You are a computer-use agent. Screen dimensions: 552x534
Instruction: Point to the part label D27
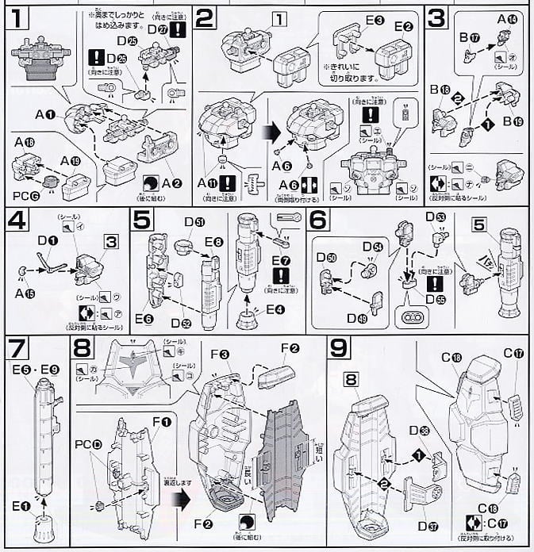pos(167,29)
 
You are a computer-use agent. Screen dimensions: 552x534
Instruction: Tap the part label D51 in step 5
pos(193,223)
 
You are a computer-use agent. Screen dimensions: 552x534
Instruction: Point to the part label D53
pos(436,217)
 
